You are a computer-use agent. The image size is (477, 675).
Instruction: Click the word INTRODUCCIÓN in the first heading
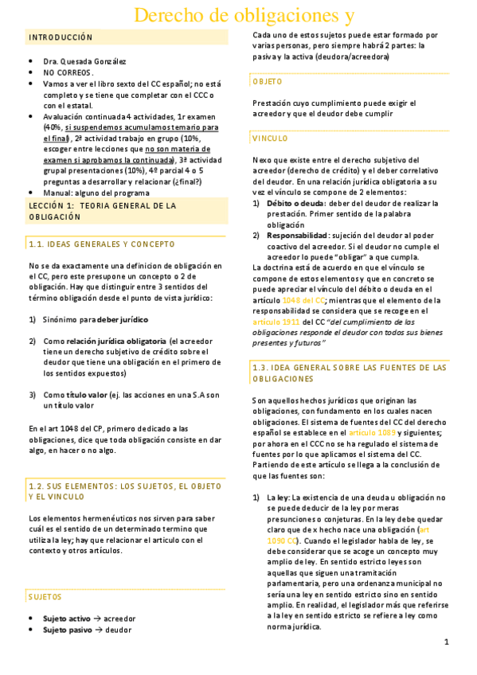(61, 37)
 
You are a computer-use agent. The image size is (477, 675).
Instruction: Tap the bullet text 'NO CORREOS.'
(68, 72)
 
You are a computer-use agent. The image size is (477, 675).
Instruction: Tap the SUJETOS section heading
(45, 596)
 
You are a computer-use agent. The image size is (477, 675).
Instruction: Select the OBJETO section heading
(268, 81)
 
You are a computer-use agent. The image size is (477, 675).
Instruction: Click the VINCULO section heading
(270, 139)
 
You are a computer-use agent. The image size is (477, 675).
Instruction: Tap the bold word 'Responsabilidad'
(297, 236)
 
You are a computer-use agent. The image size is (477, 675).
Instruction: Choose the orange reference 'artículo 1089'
(372, 432)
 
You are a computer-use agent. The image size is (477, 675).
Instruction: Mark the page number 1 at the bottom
(447, 642)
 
